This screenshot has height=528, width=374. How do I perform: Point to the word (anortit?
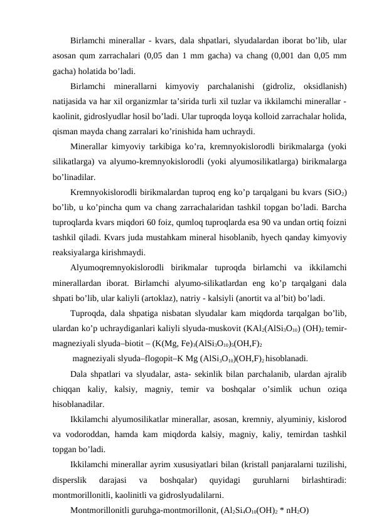tap(282, 300)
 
